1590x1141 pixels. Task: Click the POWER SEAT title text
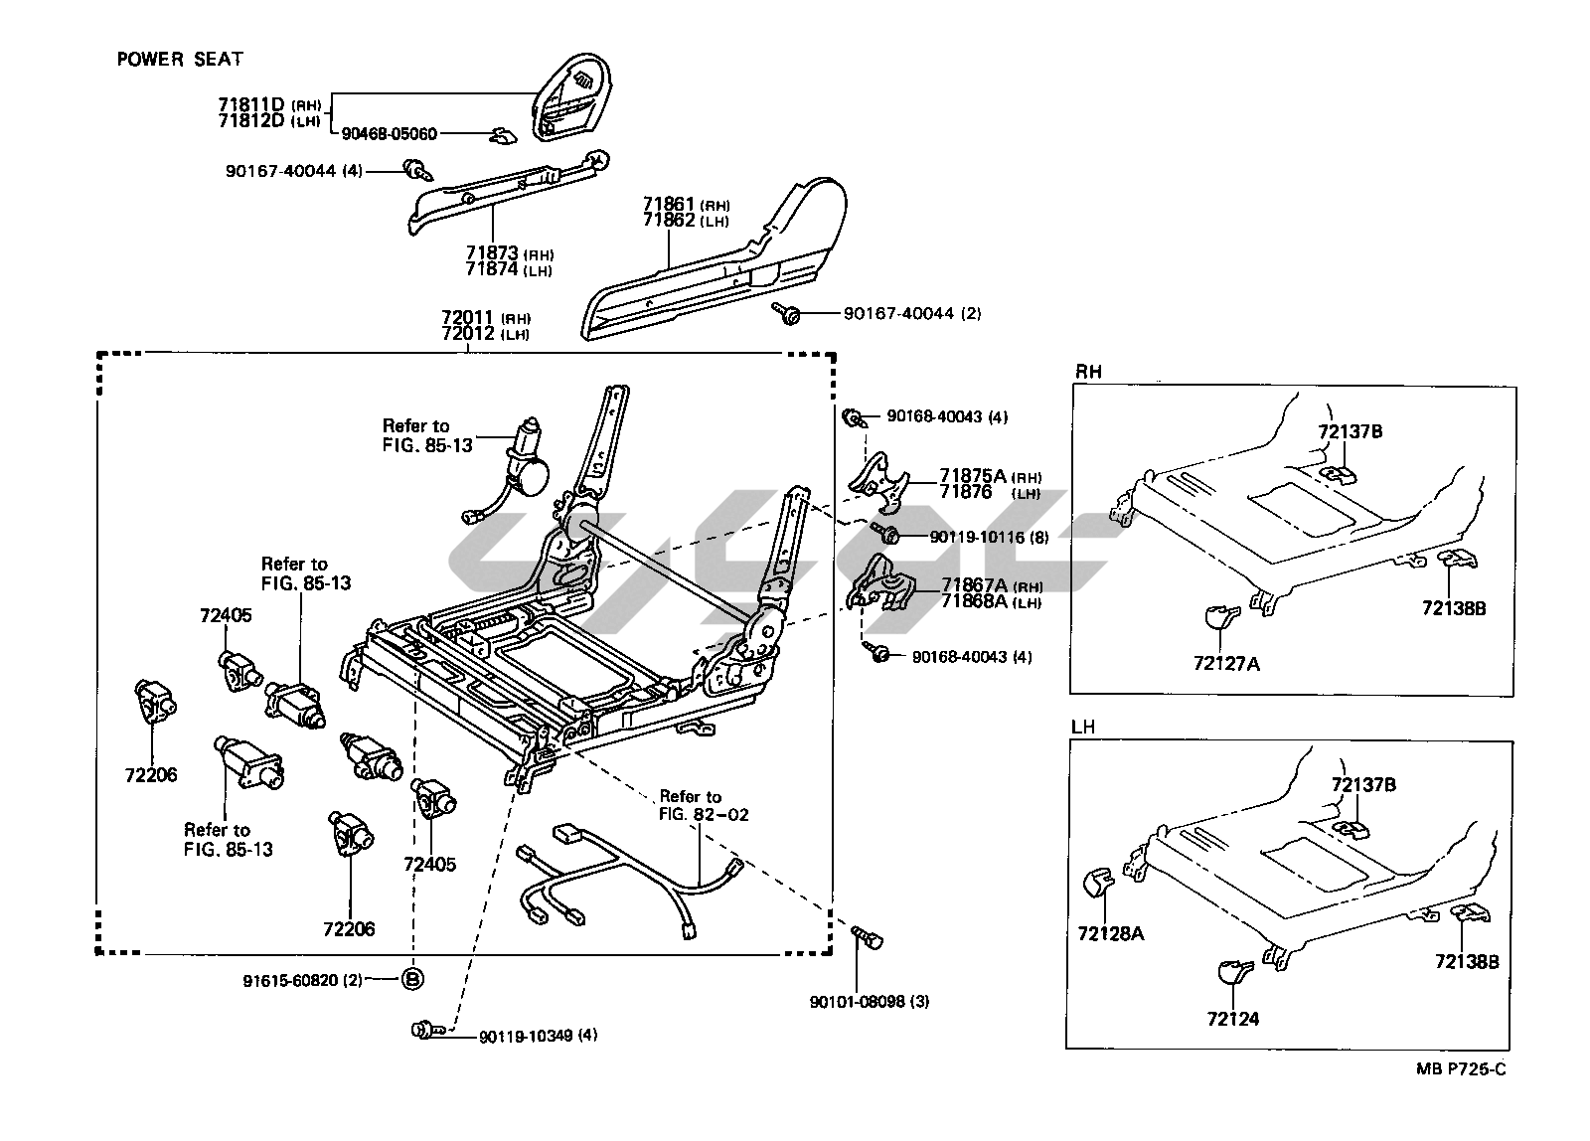pyautogui.click(x=180, y=60)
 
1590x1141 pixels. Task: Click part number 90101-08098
pyautogui.click(x=870, y=1002)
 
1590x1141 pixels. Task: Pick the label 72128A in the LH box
pyautogui.click(x=1110, y=933)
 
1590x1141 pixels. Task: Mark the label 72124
pyautogui.click(x=1232, y=1019)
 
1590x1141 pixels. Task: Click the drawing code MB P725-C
pyautogui.click(x=1461, y=1070)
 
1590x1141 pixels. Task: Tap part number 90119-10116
pyautogui.click(x=976, y=537)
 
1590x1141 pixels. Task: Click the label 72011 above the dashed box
pyautogui.click(x=468, y=318)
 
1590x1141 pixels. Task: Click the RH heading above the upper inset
pyautogui.click(x=1089, y=372)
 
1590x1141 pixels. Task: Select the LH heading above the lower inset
pyautogui.click(x=1083, y=727)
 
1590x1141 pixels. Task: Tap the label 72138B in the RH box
pyautogui.click(x=1453, y=608)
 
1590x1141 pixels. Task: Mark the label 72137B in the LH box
pyautogui.click(x=1363, y=785)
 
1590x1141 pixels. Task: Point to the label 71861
pyautogui.click(x=670, y=205)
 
